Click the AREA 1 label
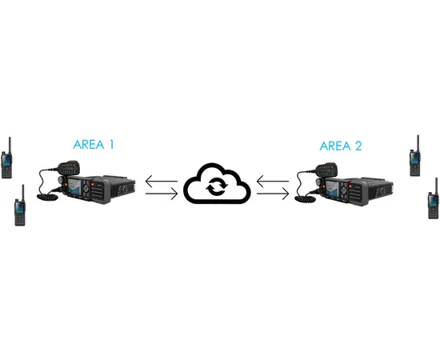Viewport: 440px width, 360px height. (x=94, y=145)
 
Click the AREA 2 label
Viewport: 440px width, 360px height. (x=341, y=146)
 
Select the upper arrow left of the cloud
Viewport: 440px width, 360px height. (x=162, y=182)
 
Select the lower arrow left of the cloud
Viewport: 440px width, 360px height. (x=162, y=194)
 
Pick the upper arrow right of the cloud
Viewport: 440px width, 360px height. (x=273, y=182)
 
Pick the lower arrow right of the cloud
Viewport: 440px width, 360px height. (x=273, y=194)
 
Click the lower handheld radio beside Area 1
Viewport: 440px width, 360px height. (x=20, y=206)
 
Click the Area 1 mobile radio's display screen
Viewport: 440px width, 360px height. (x=74, y=187)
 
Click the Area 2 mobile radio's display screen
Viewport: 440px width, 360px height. (x=332, y=188)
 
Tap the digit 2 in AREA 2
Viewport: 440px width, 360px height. (x=358, y=146)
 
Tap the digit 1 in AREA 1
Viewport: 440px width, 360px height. (x=111, y=145)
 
